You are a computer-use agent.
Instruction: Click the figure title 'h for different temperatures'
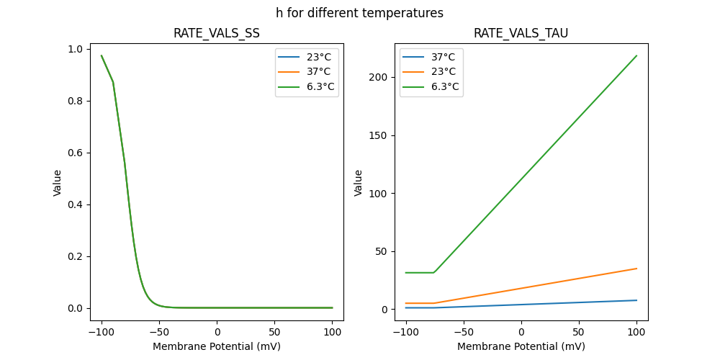click(x=359, y=13)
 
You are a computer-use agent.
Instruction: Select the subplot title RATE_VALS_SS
click(x=217, y=33)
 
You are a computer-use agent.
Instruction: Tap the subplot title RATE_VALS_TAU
click(x=521, y=33)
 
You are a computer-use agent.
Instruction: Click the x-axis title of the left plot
click(x=217, y=346)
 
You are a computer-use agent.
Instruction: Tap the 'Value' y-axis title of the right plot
click(x=358, y=182)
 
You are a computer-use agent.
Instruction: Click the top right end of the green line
click(x=636, y=55)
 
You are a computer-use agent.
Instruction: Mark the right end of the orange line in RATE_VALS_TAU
click(x=636, y=269)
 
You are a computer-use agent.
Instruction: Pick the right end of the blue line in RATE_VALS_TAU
click(x=636, y=300)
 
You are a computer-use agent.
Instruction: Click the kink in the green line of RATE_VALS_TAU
click(x=434, y=272)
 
